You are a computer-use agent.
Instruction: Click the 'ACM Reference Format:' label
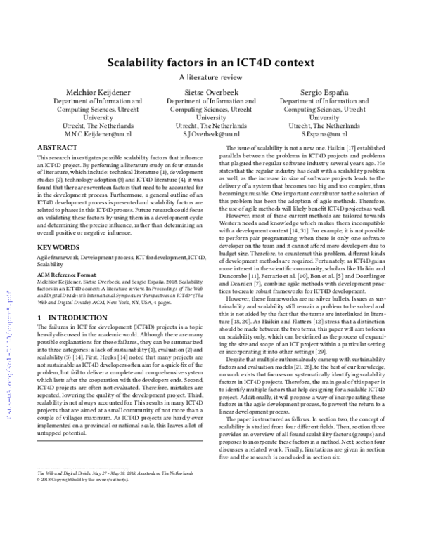coord(62,275)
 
